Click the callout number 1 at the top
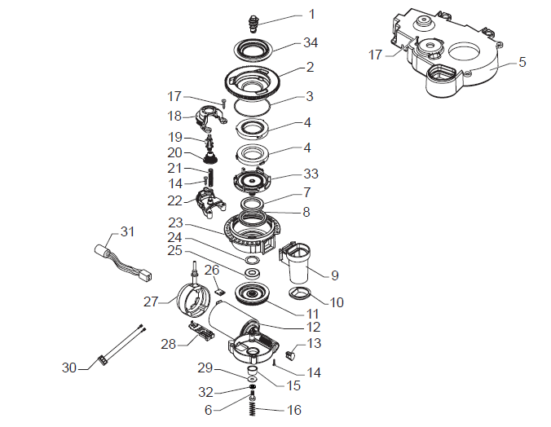(311, 14)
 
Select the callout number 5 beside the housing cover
(522, 62)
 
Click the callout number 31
(126, 231)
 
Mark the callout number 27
(149, 301)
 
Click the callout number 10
(337, 302)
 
